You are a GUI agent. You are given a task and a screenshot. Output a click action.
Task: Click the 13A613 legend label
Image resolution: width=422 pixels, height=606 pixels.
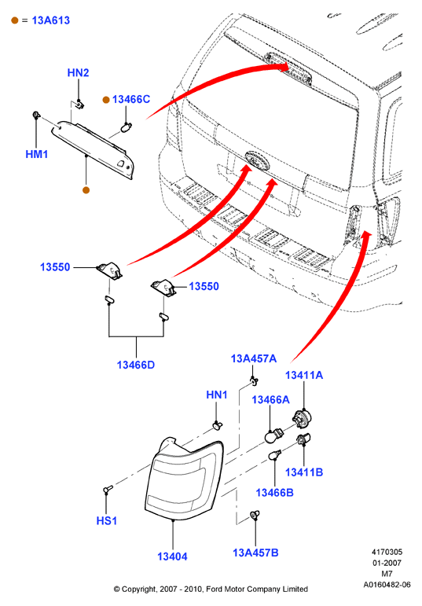pyautogui.click(x=50, y=20)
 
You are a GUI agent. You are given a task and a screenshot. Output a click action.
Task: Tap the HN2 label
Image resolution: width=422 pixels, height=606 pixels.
pyautogui.click(x=78, y=72)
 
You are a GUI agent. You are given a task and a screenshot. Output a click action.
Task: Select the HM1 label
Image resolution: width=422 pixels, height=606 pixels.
pyautogui.click(x=37, y=154)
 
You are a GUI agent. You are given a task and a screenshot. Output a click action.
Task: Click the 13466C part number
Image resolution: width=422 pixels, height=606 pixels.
pyautogui.click(x=131, y=99)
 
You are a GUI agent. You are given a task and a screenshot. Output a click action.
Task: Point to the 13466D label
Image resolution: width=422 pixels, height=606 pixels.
pyautogui.click(x=136, y=365)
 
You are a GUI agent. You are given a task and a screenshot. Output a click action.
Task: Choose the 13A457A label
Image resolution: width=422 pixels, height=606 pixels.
pyautogui.click(x=254, y=358)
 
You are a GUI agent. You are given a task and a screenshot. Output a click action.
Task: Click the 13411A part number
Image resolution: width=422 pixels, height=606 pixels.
pyautogui.click(x=304, y=375)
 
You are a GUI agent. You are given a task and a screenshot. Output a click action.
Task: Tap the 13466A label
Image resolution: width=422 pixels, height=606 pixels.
pyautogui.click(x=270, y=399)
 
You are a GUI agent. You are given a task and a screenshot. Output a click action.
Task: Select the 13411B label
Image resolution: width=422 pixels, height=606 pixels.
pyautogui.click(x=304, y=472)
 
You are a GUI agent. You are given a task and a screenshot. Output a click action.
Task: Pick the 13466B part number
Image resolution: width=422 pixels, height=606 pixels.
pyautogui.click(x=274, y=493)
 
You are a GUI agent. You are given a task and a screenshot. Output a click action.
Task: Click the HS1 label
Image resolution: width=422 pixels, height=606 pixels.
pyautogui.click(x=106, y=520)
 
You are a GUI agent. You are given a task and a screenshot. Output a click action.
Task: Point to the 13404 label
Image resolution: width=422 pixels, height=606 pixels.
pyautogui.click(x=172, y=556)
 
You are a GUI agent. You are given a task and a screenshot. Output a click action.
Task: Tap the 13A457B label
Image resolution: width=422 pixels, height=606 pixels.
pyautogui.click(x=255, y=553)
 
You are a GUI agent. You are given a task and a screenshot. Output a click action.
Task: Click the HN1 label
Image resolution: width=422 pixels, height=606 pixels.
pyautogui.click(x=216, y=395)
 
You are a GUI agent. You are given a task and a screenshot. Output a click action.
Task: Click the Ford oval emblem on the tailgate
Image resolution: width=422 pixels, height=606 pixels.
pyautogui.click(x=256, y=160)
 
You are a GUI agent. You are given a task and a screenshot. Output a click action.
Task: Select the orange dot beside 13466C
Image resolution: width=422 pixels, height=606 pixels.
pyautogui.click(x=106, y=100)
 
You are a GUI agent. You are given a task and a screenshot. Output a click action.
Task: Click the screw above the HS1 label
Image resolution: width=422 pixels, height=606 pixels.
pyautogui.click(x=108, y=490)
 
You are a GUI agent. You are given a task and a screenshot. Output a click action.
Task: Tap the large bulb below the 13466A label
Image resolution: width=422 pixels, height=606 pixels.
pyautogui.click(x=273, y=435)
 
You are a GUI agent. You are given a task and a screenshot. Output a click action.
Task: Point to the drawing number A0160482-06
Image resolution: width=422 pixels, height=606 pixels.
pyautogui.click(x=387, y=585)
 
